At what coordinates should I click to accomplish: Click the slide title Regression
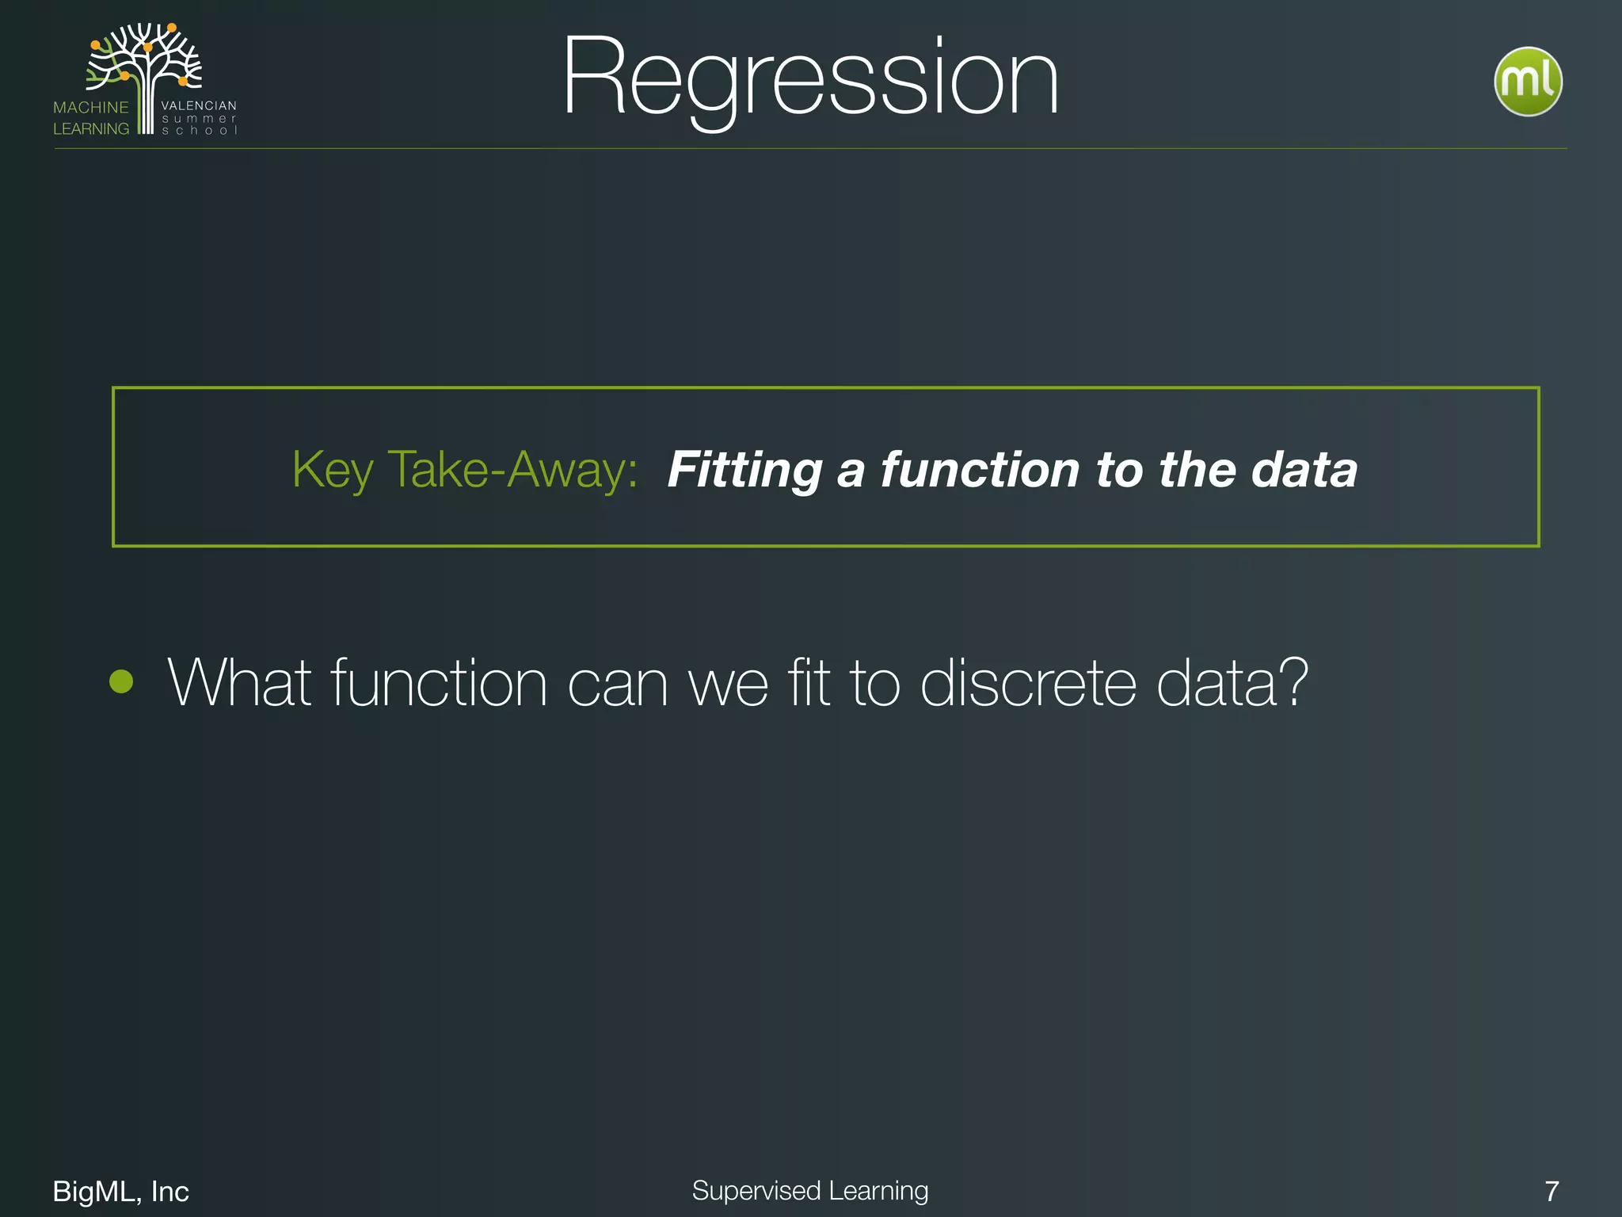coord(809,79)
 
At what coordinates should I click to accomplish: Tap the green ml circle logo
coord(1527,82)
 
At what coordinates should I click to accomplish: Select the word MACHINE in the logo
coord(90,108)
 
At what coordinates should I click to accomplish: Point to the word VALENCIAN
coord(199,105)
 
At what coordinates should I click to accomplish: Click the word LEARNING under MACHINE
coord(90,129)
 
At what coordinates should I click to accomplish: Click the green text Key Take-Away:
coord(465,470)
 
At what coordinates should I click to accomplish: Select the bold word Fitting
coord(744,470)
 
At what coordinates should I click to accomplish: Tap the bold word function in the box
coord(980,470)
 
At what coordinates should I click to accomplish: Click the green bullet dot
coord(121,681)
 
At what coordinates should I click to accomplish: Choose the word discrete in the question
coord(1028,683)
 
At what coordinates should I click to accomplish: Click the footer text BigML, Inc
coord(120,1192)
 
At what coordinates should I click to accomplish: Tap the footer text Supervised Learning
coord(809,1191)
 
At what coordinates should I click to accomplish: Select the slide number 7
coord(1552,1192)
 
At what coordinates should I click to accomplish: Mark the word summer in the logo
coord(199,119)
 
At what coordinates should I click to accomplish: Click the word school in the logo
coord(199,131)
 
